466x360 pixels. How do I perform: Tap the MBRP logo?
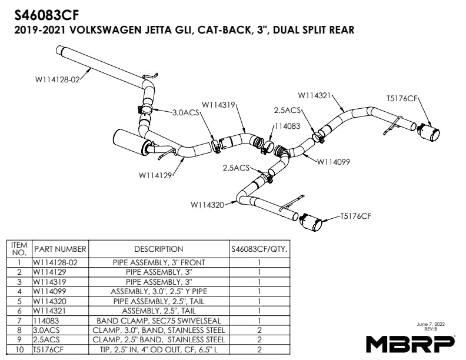tap(410, 342)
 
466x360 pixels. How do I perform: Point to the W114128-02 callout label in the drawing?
tap(56, 80)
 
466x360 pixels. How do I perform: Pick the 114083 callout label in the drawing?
tap(287, 126)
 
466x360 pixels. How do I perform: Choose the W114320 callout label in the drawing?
tap(208, 205)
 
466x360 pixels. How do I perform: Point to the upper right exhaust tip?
tap(429, 132)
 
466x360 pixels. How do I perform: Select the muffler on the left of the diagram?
tap(129, 142)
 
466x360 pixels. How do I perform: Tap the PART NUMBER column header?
tap(60, 249)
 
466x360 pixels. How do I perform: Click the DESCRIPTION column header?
tap(158, 249)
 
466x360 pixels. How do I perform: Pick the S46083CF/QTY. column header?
tap(259, 249)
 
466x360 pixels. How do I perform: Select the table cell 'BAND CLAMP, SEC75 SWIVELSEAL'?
tap(158, 321)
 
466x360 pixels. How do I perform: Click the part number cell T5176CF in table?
tap(48, 349)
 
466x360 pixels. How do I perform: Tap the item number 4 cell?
tap(19, 291)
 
